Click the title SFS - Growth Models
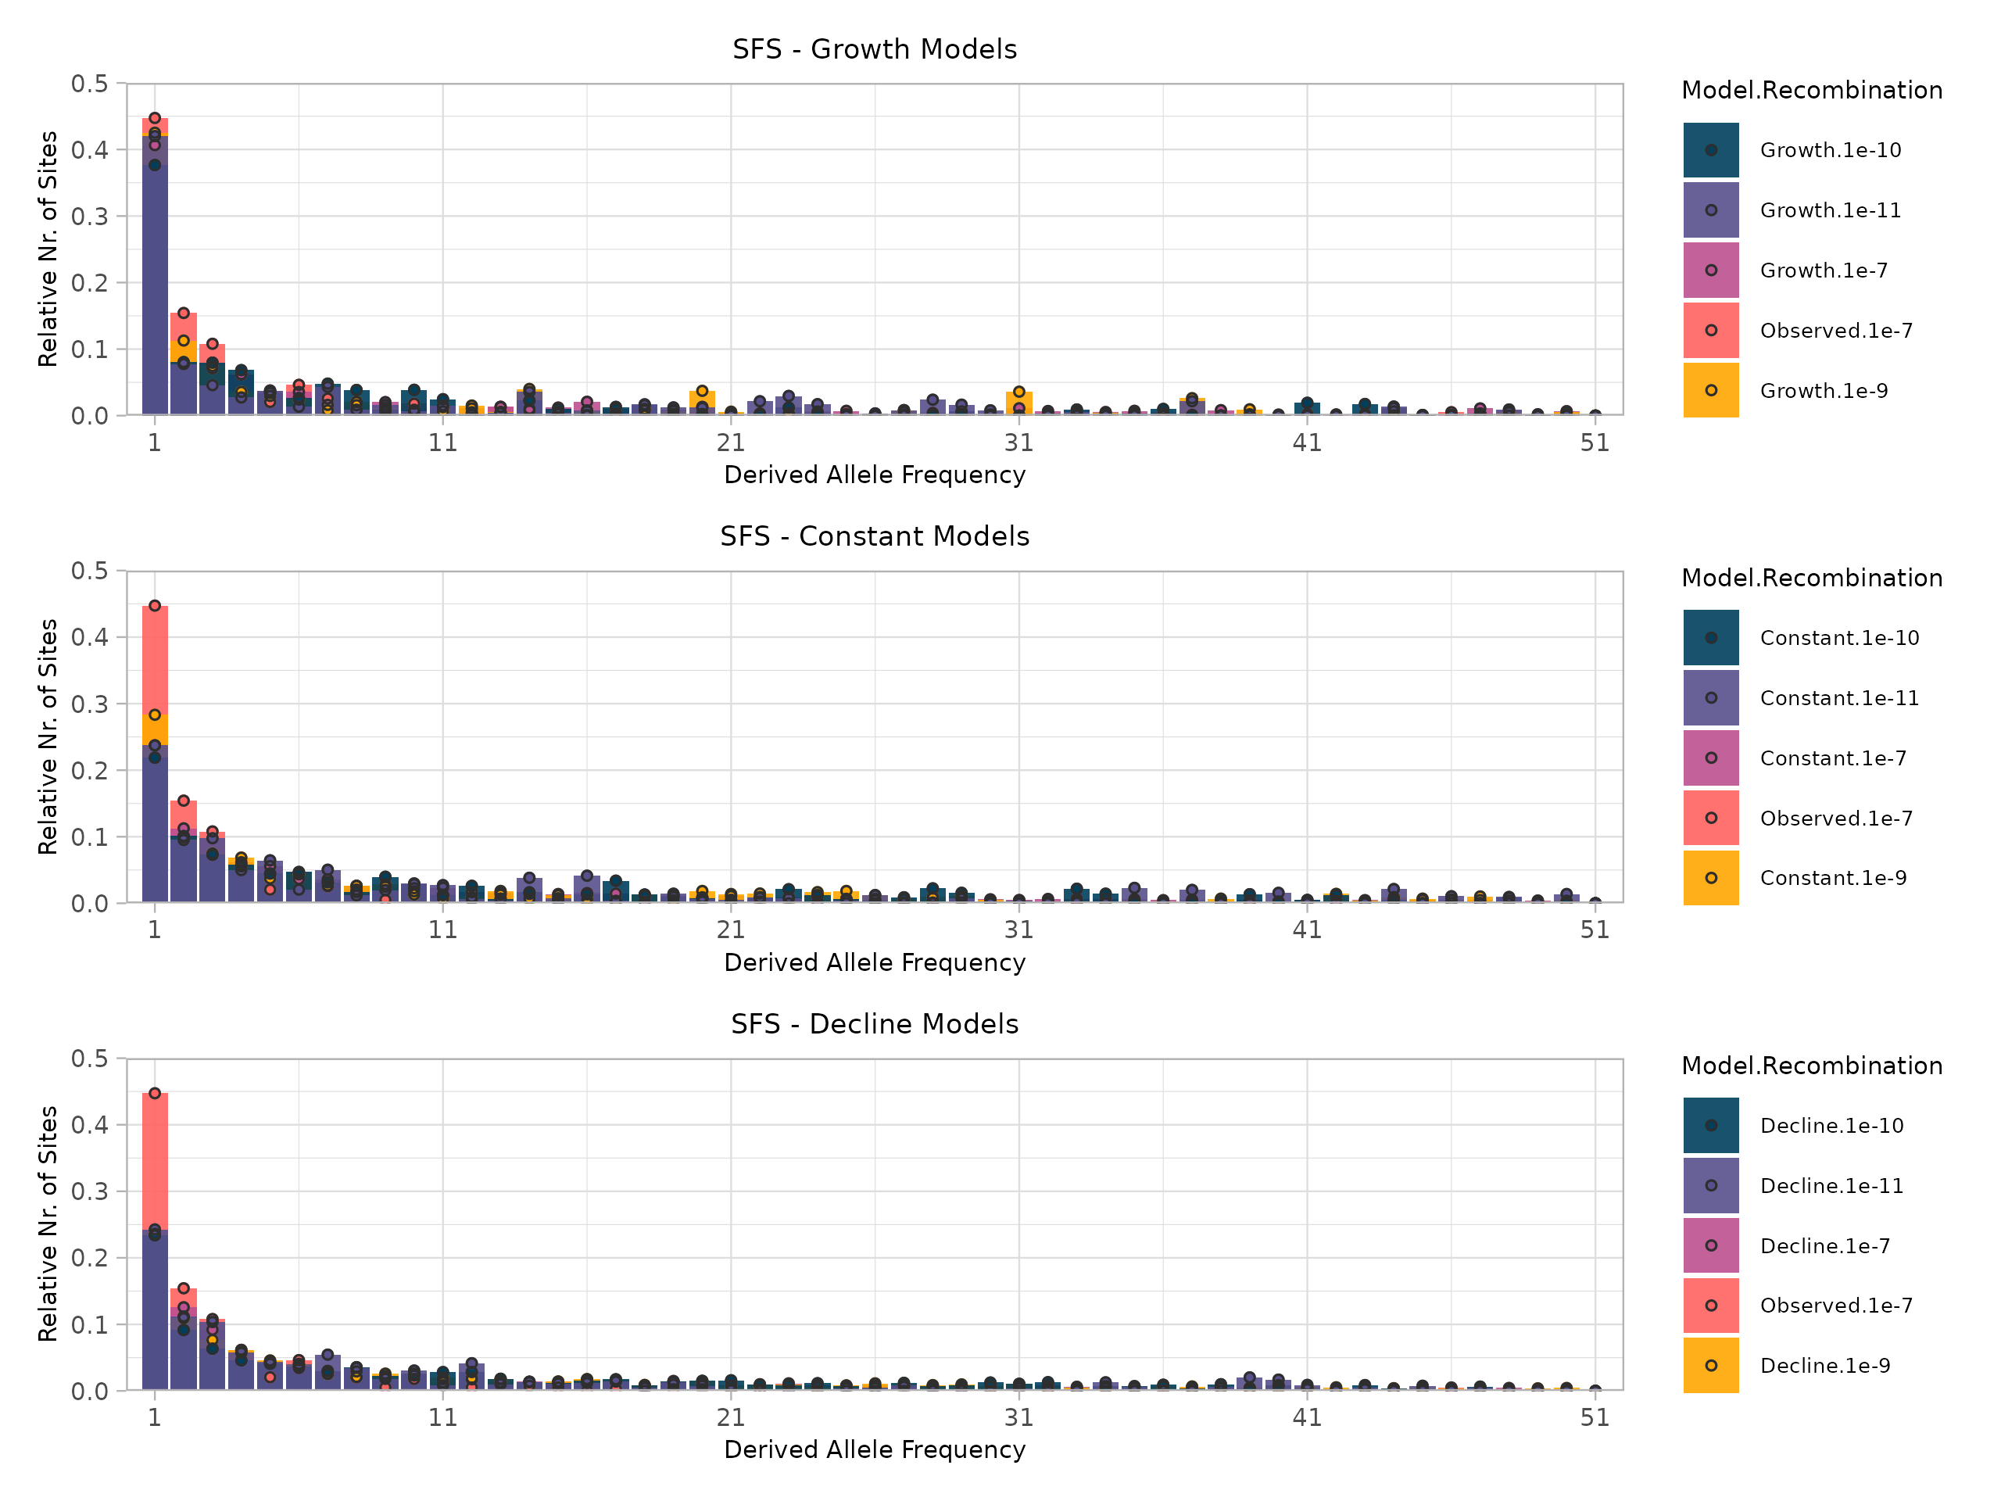pyautogui.click(x=874, y=50)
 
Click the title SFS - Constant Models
pyautogui.click(x=874, y=536)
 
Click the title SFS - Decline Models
pyautogui.click(x=874, y=1024)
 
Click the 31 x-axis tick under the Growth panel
pyautogui.click(x=1018, y=443)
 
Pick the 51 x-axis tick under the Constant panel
pyautogui.click(x=1595, y=930)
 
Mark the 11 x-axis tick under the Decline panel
pyautogui.click(x=442, y=1418)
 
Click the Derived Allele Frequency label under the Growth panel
pyautogui.click(x=874, y=475)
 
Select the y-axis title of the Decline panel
pyautogui.click(x=48, y=1223)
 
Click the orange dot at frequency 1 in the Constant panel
pyautogui.click(x=155, y=715)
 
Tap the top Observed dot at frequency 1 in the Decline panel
pyautogui.click(x=155, y=1094)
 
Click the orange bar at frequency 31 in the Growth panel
pyautogui.click(x=1018, y=403)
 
